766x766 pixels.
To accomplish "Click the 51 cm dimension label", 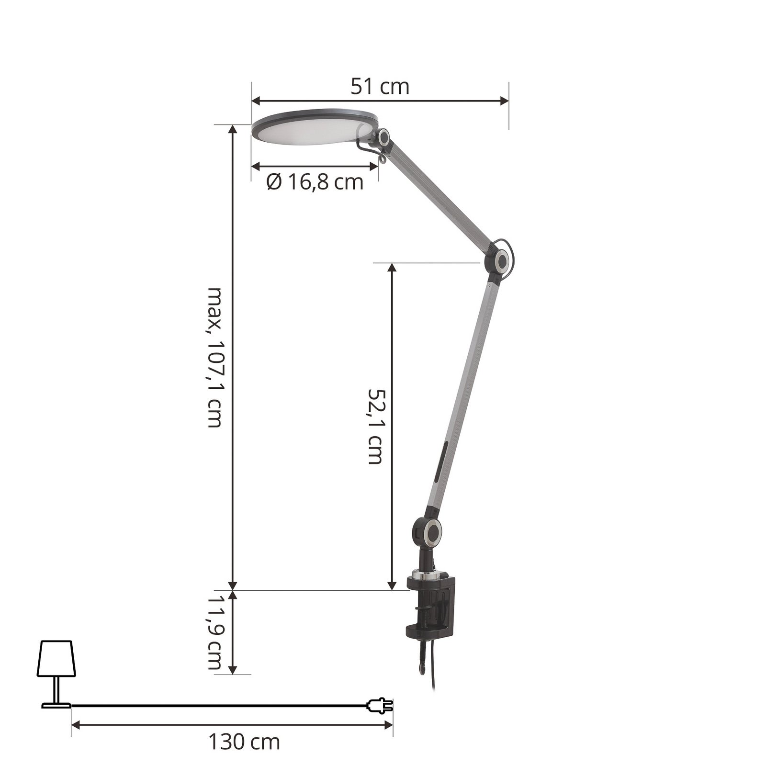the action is click(380, 87).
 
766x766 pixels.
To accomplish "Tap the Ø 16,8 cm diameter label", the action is click(315, 182).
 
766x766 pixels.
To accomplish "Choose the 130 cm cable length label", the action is click(244, 743).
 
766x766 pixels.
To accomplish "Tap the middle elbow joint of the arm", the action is click(501, 261).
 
